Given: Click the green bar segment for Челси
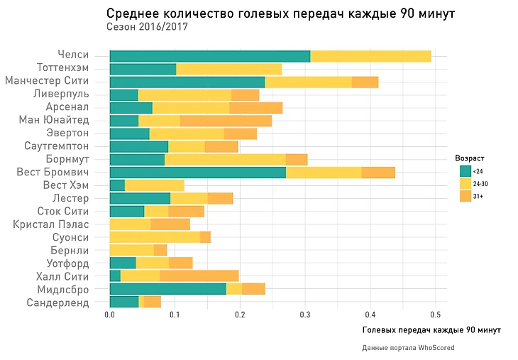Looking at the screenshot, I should (210, 56).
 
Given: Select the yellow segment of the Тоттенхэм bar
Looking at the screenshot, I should (228, 69).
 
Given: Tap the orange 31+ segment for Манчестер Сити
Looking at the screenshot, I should (365, 82).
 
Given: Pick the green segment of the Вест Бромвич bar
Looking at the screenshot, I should (197, 172).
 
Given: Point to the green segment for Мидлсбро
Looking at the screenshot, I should (167, 289).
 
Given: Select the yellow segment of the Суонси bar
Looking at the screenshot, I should (155, 237).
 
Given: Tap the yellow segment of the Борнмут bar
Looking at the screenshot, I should (225, 159).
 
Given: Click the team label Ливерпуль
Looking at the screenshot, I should (61, 94).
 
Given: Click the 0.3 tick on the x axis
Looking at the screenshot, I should (305, 314).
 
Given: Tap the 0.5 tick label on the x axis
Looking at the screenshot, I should (436, 314).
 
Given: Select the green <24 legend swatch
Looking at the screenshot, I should (465, 170).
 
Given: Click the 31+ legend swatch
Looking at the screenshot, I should (465, 195).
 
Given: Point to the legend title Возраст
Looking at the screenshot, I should (469, 157).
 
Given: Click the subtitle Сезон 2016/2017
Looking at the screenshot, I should (147, 27).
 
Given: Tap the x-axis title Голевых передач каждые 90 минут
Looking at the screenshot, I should (431, 331).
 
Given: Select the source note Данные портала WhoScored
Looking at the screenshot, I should (408, 348).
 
